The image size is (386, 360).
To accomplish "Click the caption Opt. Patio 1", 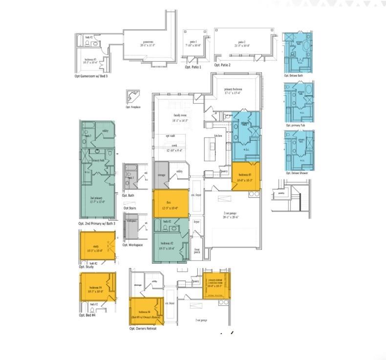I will pos(193,67).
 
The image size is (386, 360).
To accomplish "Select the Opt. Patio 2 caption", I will pos(222,65).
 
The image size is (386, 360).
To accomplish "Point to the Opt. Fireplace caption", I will pos(133,107).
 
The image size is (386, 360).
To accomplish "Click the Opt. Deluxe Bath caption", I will pos(294,76).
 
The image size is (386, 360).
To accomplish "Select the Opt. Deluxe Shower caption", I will pos(297,173).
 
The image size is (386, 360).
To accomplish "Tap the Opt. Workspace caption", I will pos(132,245).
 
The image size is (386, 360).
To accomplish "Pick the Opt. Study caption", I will pos(86,267).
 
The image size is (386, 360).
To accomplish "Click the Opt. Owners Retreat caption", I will pos(146,329).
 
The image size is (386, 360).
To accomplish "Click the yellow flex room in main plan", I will pos(170,204).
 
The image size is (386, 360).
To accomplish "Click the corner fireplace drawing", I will pos(132,96).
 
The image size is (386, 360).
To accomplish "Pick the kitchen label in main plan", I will pos(218,135).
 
